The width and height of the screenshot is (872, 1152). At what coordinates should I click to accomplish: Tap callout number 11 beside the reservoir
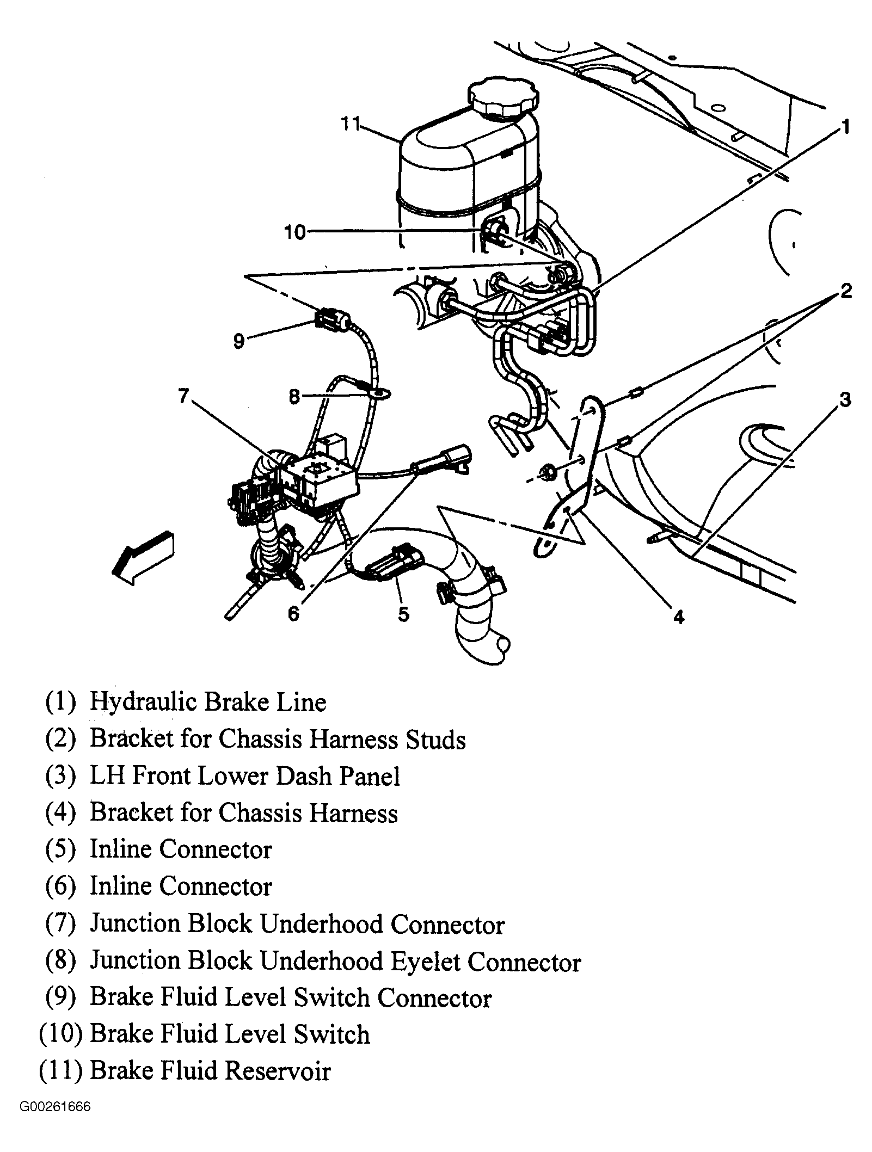352,124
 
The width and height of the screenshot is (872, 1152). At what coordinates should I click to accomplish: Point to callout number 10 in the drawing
296,233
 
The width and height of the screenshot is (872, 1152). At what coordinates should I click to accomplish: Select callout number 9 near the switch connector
239,341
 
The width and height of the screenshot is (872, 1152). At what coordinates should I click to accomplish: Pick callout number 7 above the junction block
183,396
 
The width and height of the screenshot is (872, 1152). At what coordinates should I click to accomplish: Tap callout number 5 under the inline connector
403,614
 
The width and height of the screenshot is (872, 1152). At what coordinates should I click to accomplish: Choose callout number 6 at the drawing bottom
293,614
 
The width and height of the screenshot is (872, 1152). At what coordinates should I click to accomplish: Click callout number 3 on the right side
844,400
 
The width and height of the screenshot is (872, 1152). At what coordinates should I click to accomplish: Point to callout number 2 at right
845,291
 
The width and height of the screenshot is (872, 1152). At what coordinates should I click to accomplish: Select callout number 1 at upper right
844,127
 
